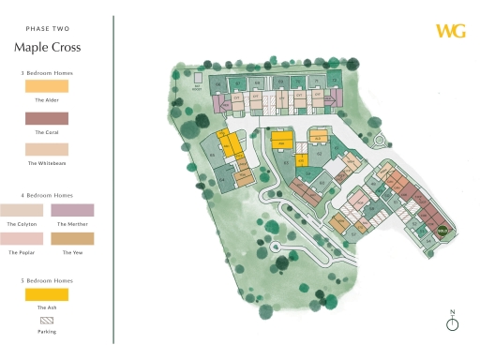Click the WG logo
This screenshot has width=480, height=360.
450,30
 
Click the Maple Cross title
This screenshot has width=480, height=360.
47,47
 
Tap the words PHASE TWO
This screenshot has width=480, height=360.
47,28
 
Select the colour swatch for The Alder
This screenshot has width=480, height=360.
47,86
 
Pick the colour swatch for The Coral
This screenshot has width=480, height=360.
47,118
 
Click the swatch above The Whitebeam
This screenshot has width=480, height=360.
47,149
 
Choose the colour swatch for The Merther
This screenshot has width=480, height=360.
73,210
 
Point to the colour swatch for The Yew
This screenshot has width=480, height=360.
73,240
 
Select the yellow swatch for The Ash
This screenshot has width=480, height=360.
47,293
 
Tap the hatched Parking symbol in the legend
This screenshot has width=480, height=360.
47,320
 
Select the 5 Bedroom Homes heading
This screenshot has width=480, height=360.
47,279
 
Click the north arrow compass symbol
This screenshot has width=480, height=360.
453,324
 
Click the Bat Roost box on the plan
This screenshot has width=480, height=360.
197,87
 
